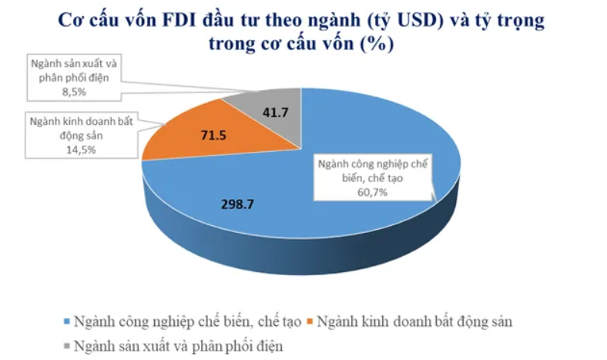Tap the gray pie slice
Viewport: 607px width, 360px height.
(270, 116)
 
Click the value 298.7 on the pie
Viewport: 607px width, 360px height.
(237, 206)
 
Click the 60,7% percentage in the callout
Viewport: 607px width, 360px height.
(373, 192)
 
